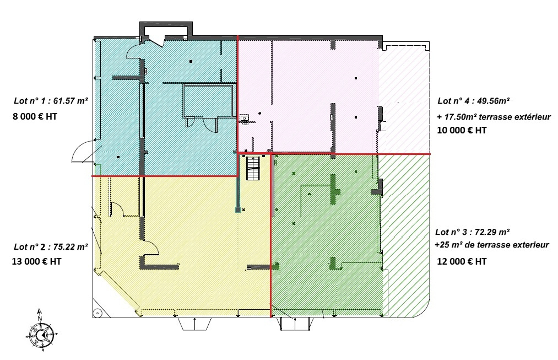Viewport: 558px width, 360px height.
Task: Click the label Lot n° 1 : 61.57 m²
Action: click(x=51, y=101)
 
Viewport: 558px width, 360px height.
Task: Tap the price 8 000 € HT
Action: click(x=35, y=116)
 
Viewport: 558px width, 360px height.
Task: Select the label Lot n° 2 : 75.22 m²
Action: click(x=51, y=246)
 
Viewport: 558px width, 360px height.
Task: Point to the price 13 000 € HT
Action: click(x=37, y=261)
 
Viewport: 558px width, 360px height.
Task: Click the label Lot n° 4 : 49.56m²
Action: click(x=474, y=101)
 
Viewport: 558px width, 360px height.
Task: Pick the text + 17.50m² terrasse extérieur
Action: click(x=494, y=117)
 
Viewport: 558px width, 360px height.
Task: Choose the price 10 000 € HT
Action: click(x=462, y=130)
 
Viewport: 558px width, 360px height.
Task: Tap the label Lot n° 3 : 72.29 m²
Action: click(x=473, y=232)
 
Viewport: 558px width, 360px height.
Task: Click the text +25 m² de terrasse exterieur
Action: click(x=492, y=245)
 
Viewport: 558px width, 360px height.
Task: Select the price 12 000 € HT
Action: click(x=462, y=261)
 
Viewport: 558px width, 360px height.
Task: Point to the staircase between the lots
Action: click(x=254, y=169)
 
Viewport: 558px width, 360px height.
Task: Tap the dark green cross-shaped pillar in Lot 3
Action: click(x=333, y=189)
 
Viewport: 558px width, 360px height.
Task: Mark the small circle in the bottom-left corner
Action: click(x=97, y=313)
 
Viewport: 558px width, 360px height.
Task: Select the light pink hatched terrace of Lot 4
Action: click(x=403, y=98)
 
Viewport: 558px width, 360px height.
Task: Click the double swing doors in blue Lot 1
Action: click(x=202, y=123)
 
